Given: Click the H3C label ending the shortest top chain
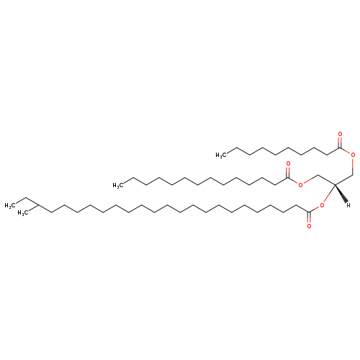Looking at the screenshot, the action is click(221, 156).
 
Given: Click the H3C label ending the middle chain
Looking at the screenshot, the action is click(118, 185).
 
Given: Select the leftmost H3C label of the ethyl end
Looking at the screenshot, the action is click(10, 206).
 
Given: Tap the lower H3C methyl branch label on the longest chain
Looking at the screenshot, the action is click(23, 213).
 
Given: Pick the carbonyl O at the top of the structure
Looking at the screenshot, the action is click(340, 134).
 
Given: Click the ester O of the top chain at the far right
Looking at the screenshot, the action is click(353, 155).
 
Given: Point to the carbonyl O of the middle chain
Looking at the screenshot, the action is click(288, 164).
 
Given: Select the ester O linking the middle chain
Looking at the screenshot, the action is click(300, 185).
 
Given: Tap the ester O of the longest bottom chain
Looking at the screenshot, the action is click(322, 205).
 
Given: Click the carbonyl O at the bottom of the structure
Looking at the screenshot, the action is click(309, 226).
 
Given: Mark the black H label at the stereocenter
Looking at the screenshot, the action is click(348, 205).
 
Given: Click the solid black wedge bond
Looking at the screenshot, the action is click(341, 193).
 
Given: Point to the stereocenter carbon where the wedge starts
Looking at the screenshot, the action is click(335, 185).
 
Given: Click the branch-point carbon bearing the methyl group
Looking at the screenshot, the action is click(38, 205).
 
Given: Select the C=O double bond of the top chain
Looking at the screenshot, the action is click(340, 142).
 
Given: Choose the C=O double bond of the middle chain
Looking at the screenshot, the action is click(288, 172).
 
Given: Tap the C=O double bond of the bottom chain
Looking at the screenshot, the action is click(309, 218).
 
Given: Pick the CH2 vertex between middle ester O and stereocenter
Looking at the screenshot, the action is click(318, 175).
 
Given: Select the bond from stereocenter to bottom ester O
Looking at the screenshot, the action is click(329, 194).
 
